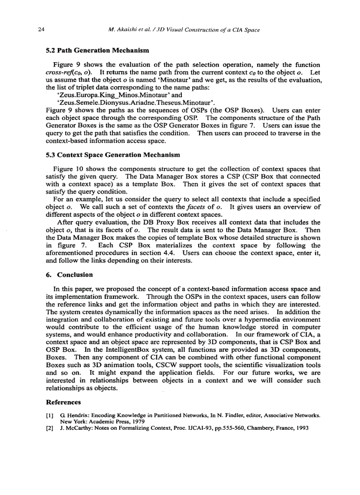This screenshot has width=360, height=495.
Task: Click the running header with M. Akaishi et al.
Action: click(184, 30)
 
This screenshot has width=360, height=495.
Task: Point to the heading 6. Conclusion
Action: click(69, 275)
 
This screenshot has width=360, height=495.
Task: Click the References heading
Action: click(64, 402)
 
